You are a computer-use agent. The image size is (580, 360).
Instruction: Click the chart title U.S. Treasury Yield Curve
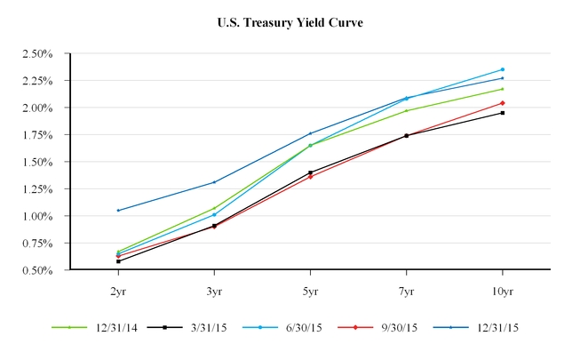290,22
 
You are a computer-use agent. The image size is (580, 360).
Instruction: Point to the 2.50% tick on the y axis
36,54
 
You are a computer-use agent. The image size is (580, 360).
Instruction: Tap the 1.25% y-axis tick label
36,189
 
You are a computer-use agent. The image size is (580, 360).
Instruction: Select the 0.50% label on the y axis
36,270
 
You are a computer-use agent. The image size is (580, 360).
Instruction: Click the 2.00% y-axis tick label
36,108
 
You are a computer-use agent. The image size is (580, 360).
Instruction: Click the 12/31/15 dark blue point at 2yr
118,211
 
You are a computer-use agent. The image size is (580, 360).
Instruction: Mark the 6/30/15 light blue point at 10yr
503,69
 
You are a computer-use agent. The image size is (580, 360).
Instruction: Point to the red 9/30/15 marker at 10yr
503,103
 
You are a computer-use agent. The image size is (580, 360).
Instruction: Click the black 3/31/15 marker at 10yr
503,113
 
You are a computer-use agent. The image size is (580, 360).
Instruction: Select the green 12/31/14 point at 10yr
503,89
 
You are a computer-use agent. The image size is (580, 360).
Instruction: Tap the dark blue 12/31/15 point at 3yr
214,182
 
